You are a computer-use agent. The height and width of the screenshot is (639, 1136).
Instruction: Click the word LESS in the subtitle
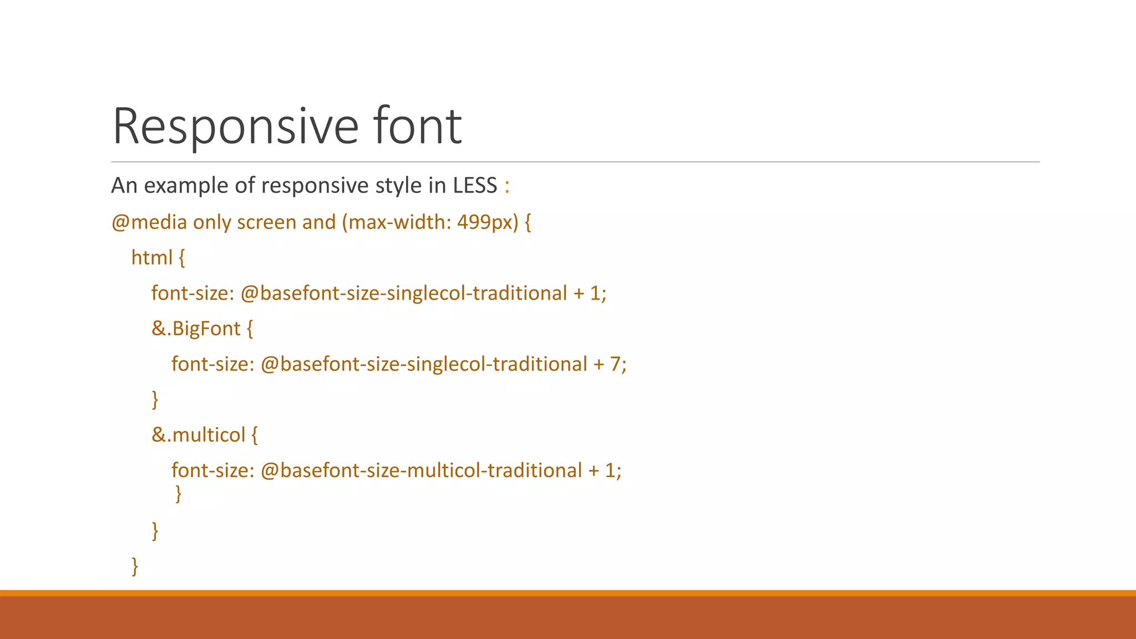[x=475, y=185]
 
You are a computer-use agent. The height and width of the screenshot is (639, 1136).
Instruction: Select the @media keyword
[x=149, y=222]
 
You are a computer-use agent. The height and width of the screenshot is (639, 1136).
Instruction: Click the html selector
[x=151, y=257]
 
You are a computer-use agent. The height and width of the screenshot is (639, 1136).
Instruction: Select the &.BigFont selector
[x=196, y=328]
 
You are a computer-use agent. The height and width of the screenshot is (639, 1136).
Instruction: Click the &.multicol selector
[x=198, y=435]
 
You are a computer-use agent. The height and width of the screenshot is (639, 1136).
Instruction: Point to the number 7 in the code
[x=615, y=364]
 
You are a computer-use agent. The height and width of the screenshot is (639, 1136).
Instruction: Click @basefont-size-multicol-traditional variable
[x=421, y=470]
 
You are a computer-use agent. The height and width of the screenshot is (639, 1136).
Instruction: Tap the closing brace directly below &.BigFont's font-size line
[x=155, y=399]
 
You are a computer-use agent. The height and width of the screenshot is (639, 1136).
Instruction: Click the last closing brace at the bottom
[x=135, y=566]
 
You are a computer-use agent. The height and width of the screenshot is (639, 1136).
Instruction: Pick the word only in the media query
[x=212, y=222]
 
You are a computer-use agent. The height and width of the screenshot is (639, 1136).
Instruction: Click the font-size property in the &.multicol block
[x=212, y=470]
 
